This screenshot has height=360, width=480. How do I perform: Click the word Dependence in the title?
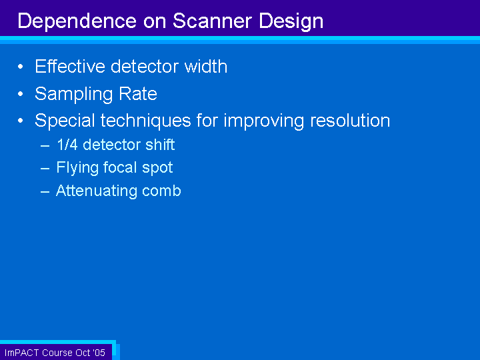click(x=77, y=21)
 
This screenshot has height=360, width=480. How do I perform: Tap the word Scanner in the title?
click(x=213, y=21)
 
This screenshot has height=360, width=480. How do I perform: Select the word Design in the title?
click(x=291, y=22)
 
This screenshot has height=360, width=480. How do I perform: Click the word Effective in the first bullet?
click(x=70, y=66)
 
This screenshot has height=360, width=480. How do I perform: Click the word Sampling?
click(x=74, y=94)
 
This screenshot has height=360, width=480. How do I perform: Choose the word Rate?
click(x=138, y=93)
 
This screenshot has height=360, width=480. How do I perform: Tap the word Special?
click(x=65, y=121)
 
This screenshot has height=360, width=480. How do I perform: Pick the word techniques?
click(x=146, y=121)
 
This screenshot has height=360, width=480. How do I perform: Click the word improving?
click(x=264, y=121)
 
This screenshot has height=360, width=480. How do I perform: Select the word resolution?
click(x=350, y=120)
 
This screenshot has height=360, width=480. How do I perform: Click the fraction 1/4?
click(x=67, y=145)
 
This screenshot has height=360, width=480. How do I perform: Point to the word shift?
click(x=160, y=145)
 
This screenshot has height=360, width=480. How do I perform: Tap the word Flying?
click(x=77, y=168)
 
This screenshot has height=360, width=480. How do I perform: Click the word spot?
click(x=157, y=168)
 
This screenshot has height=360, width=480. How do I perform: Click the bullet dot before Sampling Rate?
click(x=21, y=94)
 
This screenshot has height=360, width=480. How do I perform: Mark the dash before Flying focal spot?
click(x=45, y=169)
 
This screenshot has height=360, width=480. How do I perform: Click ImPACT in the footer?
click(x=21, y=353)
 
